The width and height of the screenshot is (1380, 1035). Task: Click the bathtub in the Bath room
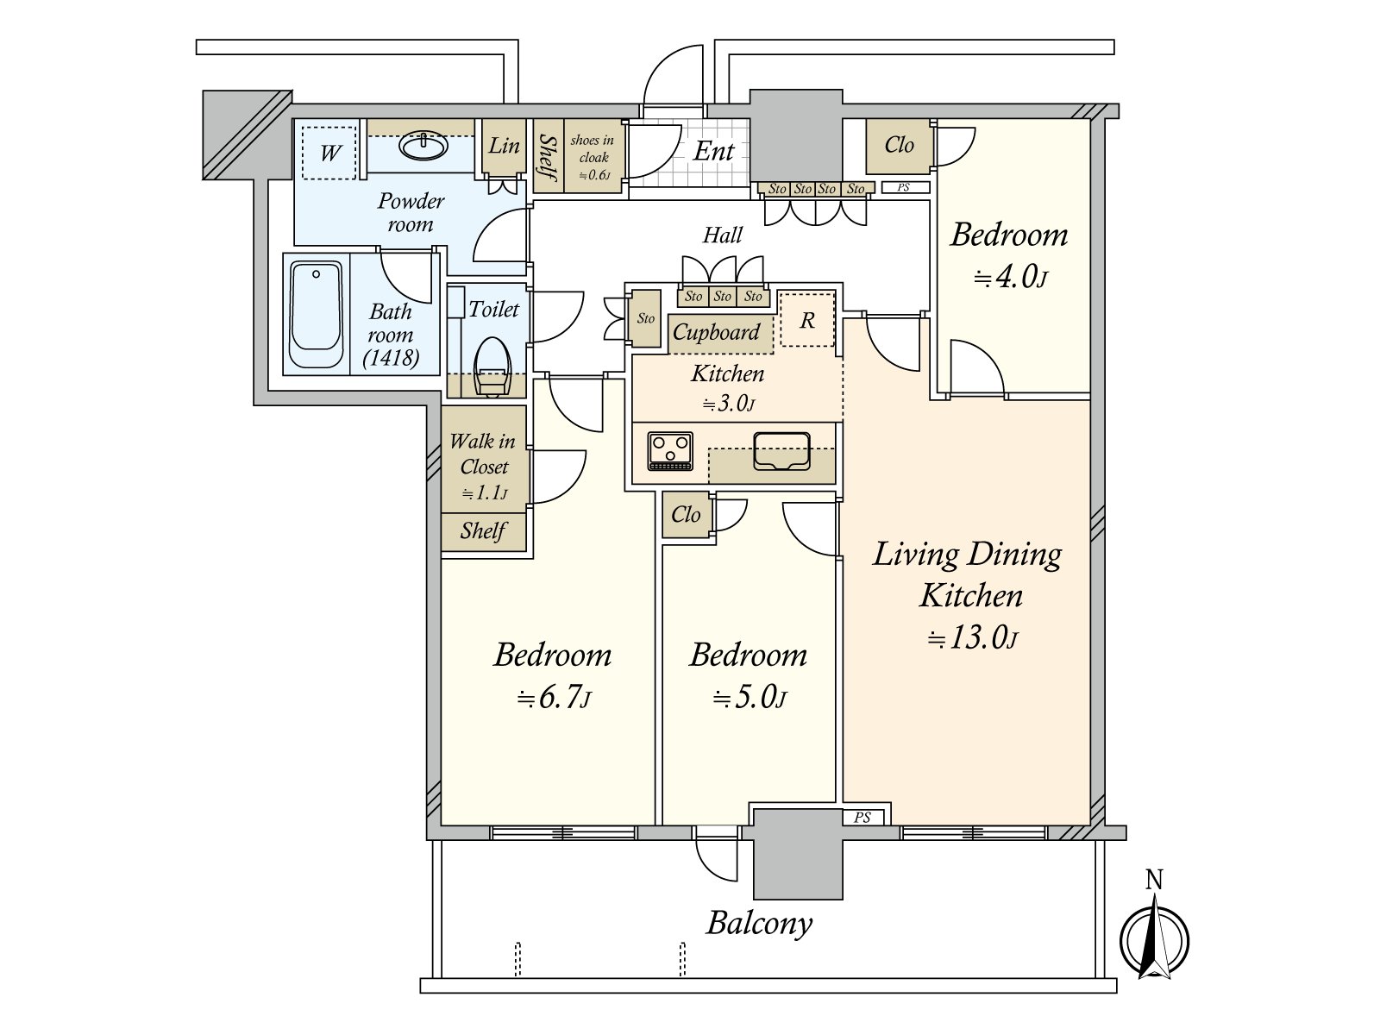tap(316, 314)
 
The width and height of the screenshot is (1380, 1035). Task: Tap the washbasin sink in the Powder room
tap(423, 147)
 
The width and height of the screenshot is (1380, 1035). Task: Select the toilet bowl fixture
tap(491, 367)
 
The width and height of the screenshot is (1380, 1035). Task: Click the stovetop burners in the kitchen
tap(670, 450)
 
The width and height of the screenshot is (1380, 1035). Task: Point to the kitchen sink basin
tap(781, 450)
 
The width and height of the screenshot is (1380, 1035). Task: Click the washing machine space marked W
tap(329, 153)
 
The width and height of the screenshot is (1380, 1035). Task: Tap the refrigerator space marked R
tap(807, 319)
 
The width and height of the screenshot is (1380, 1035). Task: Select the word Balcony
tap(759, 924)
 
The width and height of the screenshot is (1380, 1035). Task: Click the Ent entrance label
tap(713, 152)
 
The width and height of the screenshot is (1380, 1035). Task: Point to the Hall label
tap(723, 235)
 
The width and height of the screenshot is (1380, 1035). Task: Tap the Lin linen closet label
tap(504, 146)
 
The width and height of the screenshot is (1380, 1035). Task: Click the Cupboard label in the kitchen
tap(716, 332)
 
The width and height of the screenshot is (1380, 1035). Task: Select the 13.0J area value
tap(973, 638)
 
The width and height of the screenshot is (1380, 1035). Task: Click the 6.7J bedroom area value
tap(554, 698)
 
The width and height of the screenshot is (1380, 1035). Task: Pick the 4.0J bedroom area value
tap(1010, 277)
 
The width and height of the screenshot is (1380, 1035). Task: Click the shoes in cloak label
tap(593, 157)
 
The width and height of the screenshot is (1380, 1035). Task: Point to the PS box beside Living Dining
tap(862, 817)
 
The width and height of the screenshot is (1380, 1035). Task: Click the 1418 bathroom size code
tap(391, 358)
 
